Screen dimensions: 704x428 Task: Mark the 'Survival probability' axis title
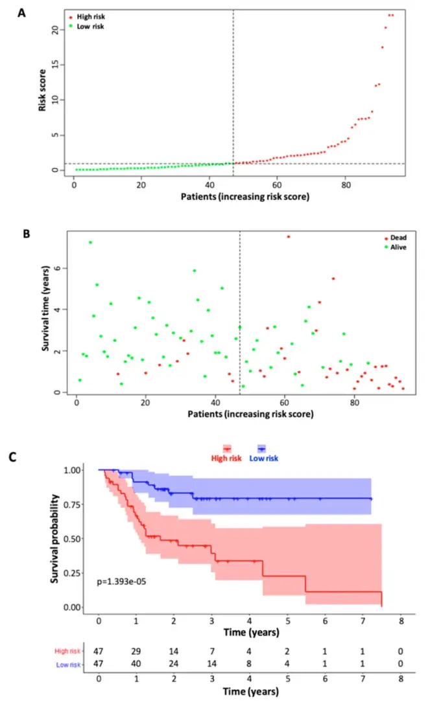point(55,538)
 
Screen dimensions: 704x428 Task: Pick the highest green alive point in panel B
point(90,242)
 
